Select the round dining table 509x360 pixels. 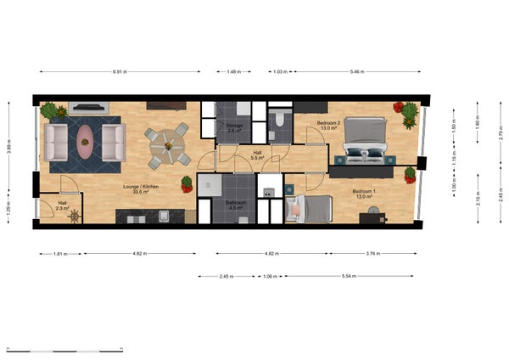click(x=168, y=146)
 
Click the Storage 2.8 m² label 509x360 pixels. click(x=235, y=128)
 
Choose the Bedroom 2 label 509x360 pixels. click(x=329, y=126)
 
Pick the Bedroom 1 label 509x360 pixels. click(x=365, y=194)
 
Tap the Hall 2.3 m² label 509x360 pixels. click(x=62, y=205)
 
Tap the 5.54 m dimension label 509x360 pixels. click(x=350, y=276)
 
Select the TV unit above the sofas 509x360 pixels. click(x=88, y=109)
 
